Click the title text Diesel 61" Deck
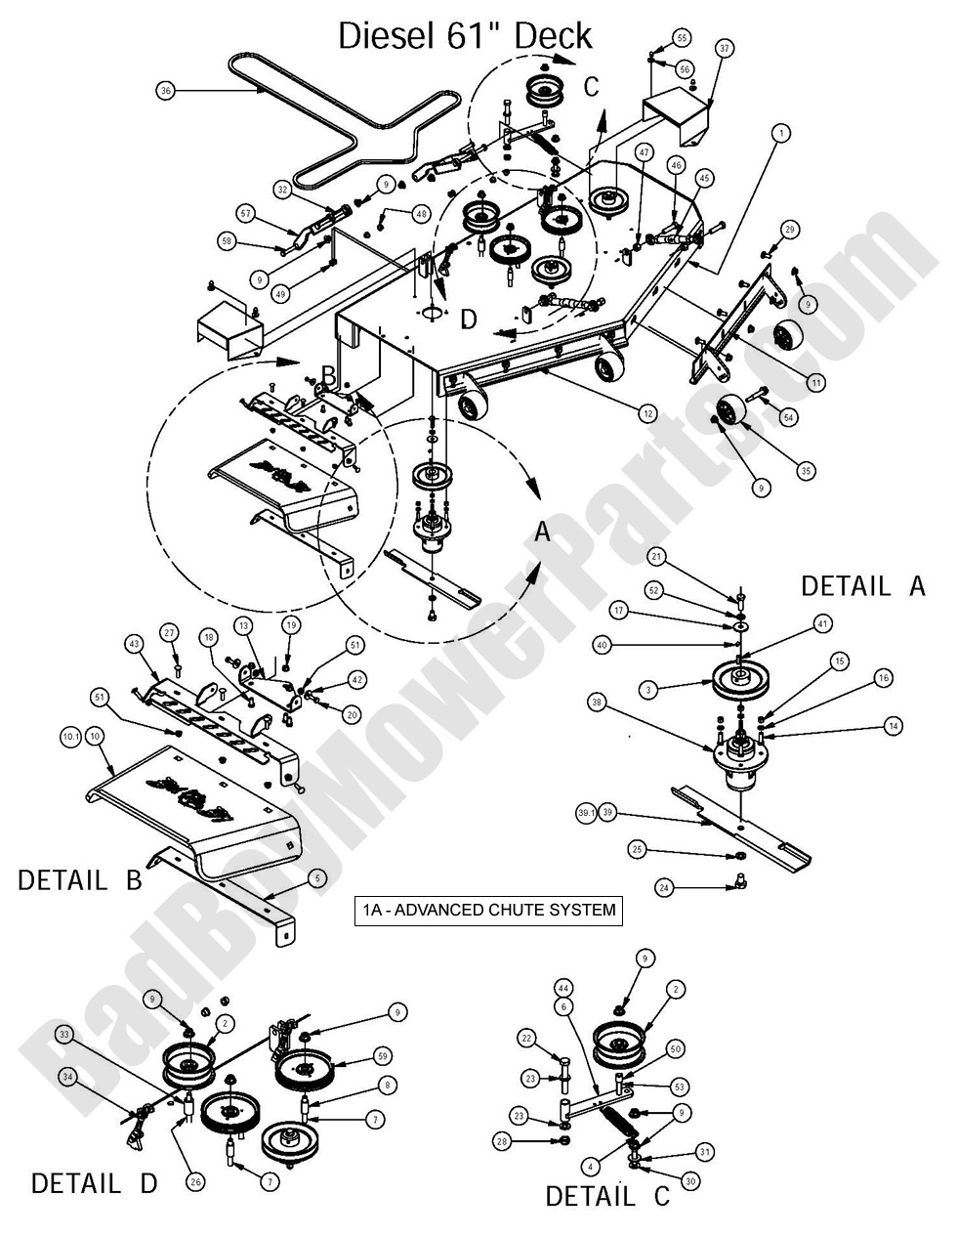(x=465, y=36)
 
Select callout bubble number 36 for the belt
(x=165, y=91)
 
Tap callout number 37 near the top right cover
(x=724, y=48)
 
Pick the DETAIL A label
(x=862, y=585)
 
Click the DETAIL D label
(x=94, y=1183)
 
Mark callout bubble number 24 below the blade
(x=665, y=888)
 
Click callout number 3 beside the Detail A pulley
(x=645, y=690)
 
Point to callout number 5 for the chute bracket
(x=315, y=878)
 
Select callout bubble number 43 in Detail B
(x=134, y=644)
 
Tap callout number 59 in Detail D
(x=383, y=1057)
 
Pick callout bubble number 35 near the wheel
(x=806, y=471)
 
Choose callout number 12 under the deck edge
(x=646, y=414)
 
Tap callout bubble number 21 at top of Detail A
(x=656, y=557)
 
